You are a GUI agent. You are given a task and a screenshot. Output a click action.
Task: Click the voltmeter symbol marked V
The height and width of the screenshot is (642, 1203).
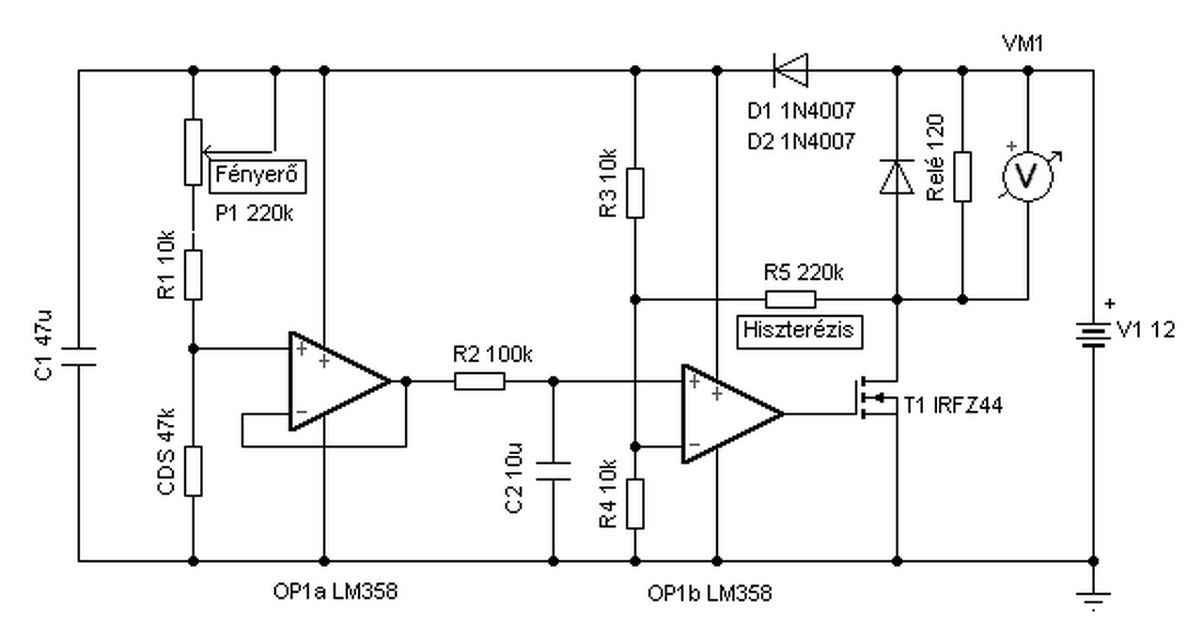point(1028,177)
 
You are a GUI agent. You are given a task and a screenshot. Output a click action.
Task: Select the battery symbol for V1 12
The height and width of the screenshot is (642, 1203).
point(1093,335)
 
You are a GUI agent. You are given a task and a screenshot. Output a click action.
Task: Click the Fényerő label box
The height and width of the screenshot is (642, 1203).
point(258,176)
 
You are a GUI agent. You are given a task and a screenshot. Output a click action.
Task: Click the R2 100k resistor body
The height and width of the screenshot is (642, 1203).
point(479,382)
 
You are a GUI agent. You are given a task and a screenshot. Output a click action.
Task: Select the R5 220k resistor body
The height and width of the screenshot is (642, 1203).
point(790,299)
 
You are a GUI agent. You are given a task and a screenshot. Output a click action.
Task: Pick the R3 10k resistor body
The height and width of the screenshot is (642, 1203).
point(634,193)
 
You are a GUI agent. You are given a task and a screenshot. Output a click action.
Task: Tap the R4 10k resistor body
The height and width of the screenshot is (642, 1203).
point(634,504)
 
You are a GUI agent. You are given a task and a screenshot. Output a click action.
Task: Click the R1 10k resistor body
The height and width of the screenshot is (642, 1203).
point(194,274)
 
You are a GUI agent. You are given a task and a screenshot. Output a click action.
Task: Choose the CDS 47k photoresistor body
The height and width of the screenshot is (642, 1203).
point(194,471)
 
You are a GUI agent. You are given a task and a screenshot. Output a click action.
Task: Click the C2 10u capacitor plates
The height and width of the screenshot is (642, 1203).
point(554,471)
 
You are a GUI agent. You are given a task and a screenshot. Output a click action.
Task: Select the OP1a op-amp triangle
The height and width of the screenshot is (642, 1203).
point(339,382)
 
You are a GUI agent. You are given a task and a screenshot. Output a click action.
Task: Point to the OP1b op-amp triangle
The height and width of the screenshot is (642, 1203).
point(732,415)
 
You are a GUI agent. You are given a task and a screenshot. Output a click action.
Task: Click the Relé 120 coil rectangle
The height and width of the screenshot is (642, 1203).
point(962,177)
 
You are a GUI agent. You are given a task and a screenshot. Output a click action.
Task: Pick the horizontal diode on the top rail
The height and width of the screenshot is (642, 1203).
point(790,70)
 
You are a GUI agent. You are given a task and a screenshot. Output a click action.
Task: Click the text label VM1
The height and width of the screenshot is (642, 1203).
point(1023,43)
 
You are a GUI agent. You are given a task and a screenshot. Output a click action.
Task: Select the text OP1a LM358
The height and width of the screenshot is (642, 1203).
point(336,591)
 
